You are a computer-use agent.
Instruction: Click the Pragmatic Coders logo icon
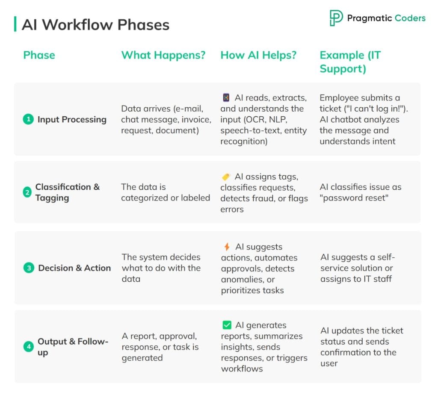point(336,18)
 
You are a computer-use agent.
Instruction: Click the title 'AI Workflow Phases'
point(95,25)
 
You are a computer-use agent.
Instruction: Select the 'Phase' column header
point(39,55)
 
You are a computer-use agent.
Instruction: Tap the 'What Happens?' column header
point(163,55)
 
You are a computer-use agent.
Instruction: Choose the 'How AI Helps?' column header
point(258,55)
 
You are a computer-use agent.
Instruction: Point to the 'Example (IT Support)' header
point(350,62)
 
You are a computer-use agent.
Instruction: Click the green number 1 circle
point(28,120)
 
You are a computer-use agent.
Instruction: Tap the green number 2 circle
point(27,193)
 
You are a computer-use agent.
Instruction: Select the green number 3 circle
point(28,268)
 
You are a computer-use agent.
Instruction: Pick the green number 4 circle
point(28,347)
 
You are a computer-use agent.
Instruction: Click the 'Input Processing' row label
point(72,120)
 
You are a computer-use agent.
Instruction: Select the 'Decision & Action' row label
point(74,268)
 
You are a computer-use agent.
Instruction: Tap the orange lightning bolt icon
point(227,247)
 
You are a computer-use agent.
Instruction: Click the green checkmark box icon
point(227,325)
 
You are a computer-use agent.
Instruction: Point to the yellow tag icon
point(226,177)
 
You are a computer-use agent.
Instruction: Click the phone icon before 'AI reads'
point(226,98)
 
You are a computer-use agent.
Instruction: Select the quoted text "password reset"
point(354,198)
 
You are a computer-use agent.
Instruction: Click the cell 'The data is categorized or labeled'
point(165,192)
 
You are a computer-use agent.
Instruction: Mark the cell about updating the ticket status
point(361,347)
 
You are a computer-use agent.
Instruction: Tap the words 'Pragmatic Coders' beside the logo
point(386,18)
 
